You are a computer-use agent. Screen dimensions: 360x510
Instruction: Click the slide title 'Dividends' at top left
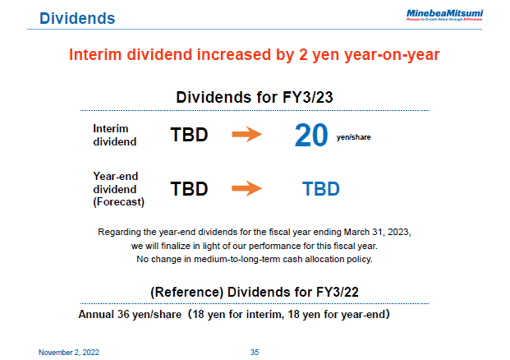[x=77, y=17]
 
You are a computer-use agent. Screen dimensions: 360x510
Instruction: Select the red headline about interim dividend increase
[x=254, y=55]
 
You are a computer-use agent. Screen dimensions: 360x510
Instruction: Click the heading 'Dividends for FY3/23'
[x=254, y=97]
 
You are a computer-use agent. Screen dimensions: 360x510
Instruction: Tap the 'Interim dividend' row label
[x=111, y=135]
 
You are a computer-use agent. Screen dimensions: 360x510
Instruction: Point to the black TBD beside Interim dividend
[x=189, y=135]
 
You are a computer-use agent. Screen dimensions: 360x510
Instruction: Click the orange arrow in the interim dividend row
[x=246, y=135]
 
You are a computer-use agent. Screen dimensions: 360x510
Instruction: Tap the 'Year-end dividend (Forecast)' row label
[x=115, y=188]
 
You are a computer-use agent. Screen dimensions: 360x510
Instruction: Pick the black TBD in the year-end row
[x=189, y=188]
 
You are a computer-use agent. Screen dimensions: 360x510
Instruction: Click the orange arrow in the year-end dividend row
[x=246, y=188]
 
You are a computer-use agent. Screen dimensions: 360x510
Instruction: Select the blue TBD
[x=321, y=188]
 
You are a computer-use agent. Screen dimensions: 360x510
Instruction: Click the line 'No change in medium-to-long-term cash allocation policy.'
[x=254, y=260]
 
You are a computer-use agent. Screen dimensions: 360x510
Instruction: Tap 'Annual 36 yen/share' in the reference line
[x=131, y=315]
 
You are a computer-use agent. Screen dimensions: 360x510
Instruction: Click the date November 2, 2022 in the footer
[x=70, y=352]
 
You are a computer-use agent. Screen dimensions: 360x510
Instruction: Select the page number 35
[x=254, y=352]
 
